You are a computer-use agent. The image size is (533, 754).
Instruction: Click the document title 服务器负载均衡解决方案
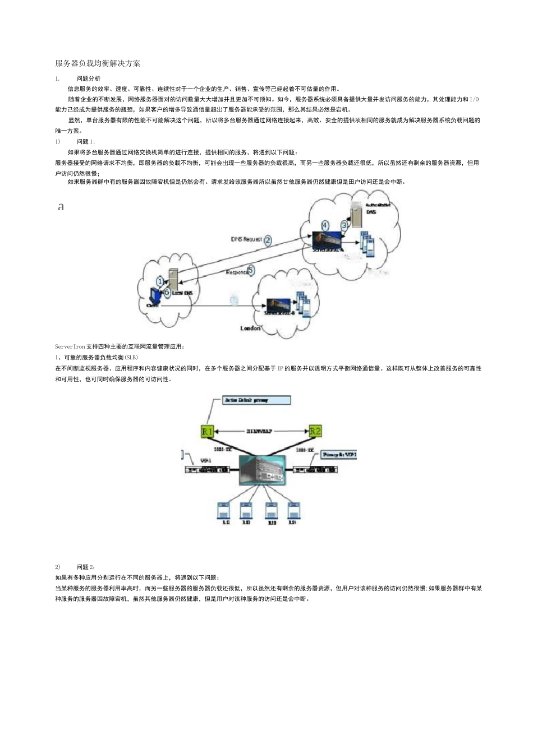[x=98, y=63]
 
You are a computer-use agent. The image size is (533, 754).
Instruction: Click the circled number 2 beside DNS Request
[x=268, y=240]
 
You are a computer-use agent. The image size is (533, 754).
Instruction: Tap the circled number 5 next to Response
[x=251, y=270]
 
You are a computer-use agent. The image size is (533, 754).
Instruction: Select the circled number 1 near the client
[x=160, y=281]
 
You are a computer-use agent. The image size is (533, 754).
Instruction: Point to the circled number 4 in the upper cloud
[x=325, y=225]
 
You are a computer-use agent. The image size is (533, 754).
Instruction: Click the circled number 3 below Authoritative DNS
[x=344, y=225]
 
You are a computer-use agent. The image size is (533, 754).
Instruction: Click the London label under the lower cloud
[x=250, y=328]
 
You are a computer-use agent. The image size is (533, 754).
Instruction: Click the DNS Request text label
[x=246, y=239]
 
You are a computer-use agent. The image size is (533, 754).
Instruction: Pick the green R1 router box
[x=208, y=431]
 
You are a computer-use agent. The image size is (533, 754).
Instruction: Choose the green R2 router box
[x=315, y=431]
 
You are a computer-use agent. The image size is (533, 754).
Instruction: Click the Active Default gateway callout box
[x=256, y=400]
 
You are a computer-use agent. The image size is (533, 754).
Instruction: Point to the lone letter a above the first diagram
[x=61, y=207]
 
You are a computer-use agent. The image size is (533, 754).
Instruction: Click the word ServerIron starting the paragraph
[x=70, y=346]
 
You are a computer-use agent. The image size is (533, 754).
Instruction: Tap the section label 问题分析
[x=89, y=78]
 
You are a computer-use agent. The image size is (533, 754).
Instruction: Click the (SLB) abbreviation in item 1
[x=131, y=357]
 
